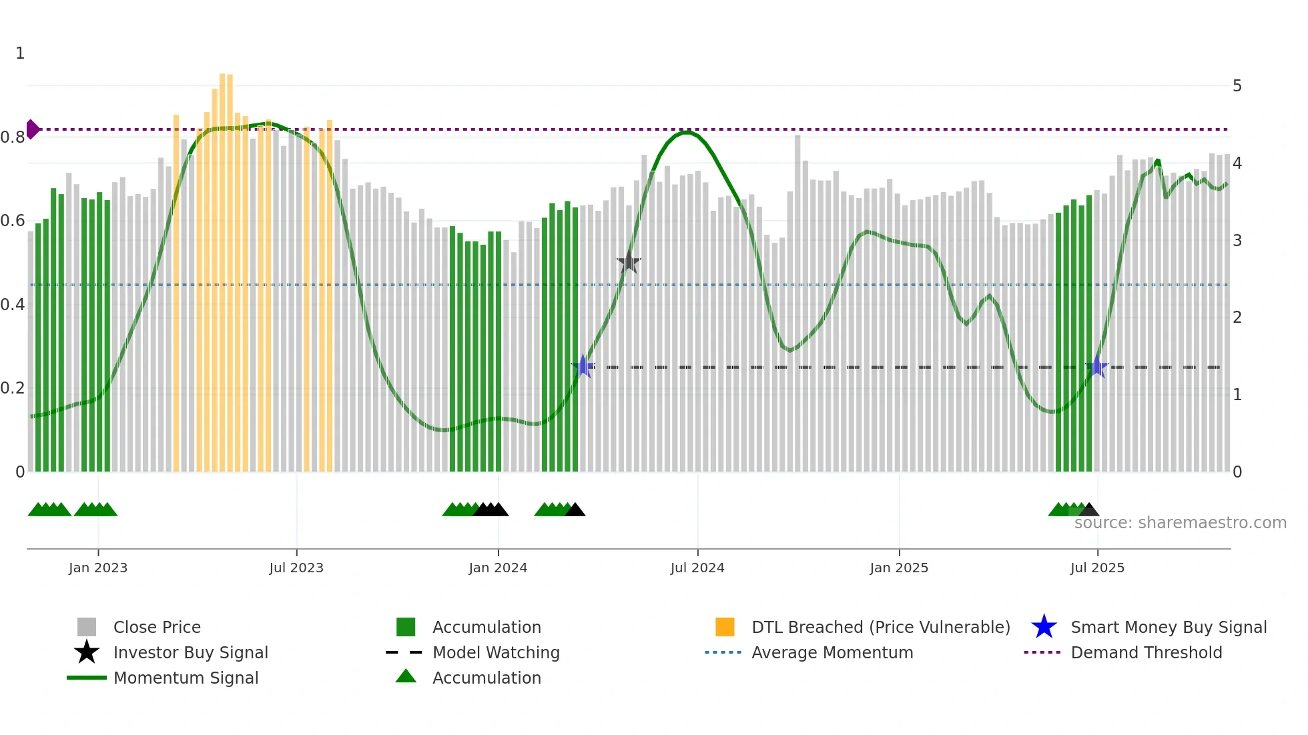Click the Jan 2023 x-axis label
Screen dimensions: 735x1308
97,568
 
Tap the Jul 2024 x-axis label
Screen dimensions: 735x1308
697,568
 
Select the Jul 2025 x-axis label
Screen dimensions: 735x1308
1097,568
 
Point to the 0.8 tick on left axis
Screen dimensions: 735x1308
13,137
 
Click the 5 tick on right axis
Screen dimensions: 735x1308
1237,86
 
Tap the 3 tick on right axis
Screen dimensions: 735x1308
1237,240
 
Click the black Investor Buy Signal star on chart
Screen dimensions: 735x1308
628,263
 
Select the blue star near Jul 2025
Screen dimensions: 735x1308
1096,367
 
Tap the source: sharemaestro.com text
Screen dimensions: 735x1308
1180,523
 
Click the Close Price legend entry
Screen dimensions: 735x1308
156,627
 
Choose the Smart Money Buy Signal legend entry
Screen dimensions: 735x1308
1168,627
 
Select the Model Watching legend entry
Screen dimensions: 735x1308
495,652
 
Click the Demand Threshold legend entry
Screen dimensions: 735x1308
1146,652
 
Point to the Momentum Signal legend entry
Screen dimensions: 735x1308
186,678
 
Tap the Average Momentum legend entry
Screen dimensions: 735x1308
832,652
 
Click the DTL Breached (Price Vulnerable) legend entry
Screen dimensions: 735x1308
880,627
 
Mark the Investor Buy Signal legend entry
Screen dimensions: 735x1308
190,652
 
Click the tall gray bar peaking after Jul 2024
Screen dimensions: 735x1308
797,300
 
